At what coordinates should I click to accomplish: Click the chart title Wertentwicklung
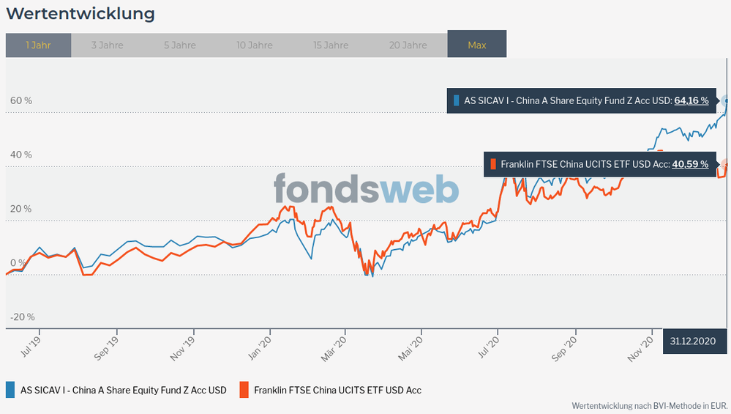(80, 14)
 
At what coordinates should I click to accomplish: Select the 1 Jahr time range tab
(38, 45)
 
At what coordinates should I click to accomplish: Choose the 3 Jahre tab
(107, 45)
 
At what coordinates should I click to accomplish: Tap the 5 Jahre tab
(180, 45)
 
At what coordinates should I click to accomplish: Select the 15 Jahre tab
(331, 45)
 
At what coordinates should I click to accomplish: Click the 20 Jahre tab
(408, 45)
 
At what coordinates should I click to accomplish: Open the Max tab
(476, 45)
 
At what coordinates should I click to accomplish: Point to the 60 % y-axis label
(21, 100)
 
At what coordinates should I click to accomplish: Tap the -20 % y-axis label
(22, 317)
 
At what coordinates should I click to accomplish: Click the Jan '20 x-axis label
(262, 344)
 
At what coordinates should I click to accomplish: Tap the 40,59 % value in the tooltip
(690, 164)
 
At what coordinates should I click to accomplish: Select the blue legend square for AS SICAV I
(10, 390)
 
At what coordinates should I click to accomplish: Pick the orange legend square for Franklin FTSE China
(244, 390)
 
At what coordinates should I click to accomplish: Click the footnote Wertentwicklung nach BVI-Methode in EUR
(649, 405)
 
